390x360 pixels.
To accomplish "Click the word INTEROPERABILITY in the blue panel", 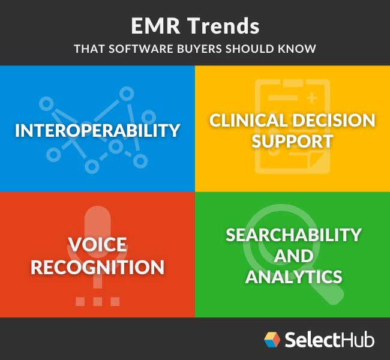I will [97, 130].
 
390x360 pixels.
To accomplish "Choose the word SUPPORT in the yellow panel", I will [292, 142].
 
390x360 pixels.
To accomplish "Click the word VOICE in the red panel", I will [97, 245].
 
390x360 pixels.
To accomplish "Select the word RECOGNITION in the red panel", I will [97, 267].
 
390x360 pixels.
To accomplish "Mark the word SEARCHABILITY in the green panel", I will [293, 234].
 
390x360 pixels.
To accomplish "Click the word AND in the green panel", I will [293, 256].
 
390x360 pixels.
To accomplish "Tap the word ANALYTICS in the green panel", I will [293, 277].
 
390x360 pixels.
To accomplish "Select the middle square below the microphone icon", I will [97, 301].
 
